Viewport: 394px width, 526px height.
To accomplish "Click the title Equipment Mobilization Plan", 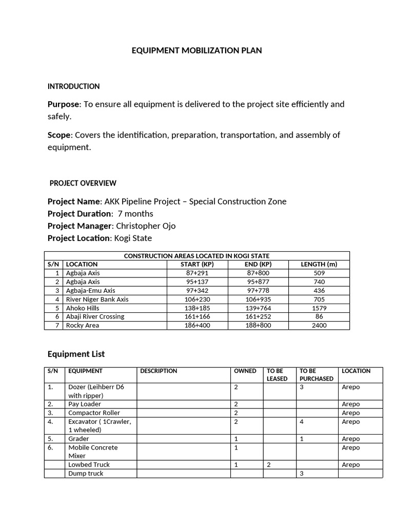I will coord(197,50).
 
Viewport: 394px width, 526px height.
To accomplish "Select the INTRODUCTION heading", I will coord(73,86).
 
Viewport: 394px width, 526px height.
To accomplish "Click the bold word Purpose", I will coord(64,104).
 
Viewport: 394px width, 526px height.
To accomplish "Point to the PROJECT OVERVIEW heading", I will coord(83,183).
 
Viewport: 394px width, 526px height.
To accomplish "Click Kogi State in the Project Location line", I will coord(134,238).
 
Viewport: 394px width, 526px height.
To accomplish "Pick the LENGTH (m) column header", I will coord(319,264).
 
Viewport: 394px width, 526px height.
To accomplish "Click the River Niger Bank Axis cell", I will coord(97,299).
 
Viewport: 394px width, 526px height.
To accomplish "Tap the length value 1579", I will coord(319,308).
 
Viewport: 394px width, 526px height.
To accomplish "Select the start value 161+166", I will coord(198,316).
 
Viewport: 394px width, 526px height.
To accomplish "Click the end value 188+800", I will coord(258,325).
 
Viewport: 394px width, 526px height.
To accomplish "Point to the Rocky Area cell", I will coord(83,325).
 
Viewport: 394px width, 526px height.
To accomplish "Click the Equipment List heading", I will coord(76,353).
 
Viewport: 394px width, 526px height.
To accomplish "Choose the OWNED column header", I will coord(245,371).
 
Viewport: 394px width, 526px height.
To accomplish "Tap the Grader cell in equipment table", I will coord(78,439).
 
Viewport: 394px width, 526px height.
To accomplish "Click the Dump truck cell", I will coord(86,473).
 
